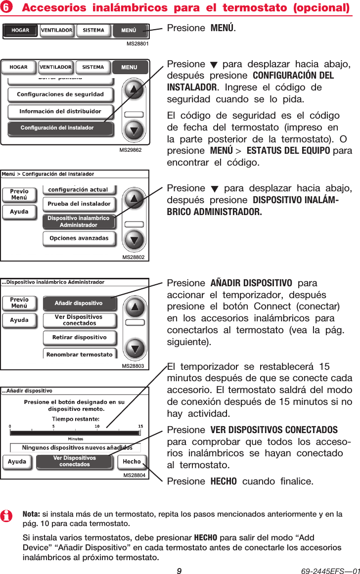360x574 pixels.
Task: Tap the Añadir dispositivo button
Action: pos(79,303)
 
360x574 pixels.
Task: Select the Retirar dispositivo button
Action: pos(79,338)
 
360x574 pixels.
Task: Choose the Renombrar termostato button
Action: pos(79,354)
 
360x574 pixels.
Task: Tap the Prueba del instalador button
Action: pos(79,204)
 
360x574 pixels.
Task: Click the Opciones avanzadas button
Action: pos(79,238)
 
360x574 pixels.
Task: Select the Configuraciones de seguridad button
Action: pos(60,94)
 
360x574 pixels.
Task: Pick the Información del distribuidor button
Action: pos(60,111)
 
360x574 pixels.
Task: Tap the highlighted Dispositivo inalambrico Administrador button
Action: pos(79,221)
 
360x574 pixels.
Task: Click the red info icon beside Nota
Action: pos(7,517)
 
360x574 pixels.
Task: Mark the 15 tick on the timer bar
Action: pos(140,426)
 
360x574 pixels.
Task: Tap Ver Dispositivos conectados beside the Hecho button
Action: pos(75,461)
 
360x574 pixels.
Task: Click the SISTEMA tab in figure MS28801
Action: pos(93,31)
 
